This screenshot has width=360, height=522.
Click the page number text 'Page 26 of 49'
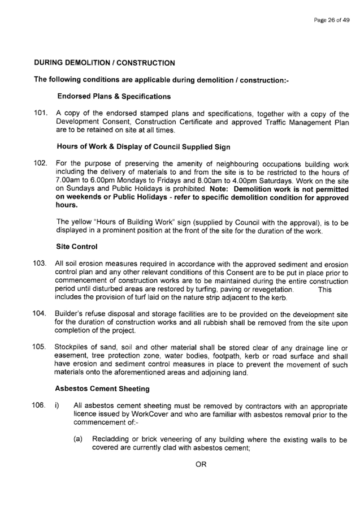332,20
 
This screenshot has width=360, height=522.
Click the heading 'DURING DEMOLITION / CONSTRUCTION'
105,63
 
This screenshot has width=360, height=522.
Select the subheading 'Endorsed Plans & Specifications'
114,97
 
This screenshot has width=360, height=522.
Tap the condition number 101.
40,113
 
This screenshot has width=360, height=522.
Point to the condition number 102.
40,163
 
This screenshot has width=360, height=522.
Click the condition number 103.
40,264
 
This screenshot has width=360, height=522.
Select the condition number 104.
39,314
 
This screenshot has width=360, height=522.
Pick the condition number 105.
39,347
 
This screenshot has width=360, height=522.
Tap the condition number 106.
38,405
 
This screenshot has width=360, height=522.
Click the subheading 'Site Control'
77,247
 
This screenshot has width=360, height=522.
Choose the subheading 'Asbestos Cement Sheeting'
102,389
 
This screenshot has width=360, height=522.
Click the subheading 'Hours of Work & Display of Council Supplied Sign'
144,147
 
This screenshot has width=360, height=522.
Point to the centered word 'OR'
201,464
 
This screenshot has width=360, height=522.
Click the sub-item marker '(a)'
78,439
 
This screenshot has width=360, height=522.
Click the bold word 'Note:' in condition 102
220,189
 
